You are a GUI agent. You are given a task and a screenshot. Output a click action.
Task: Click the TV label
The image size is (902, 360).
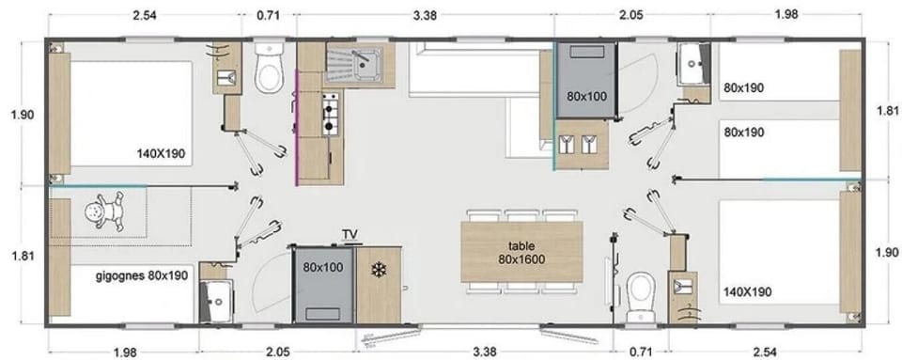[350, 234]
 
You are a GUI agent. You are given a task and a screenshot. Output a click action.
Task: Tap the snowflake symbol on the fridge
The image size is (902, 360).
[379, 270]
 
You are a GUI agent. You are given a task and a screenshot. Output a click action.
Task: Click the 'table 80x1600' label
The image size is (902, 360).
[521, 251]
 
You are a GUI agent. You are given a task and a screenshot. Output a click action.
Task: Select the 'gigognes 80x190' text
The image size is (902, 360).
[141, 276]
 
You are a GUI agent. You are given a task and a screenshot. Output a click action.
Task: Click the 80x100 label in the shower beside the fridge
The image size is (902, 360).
[322, 267]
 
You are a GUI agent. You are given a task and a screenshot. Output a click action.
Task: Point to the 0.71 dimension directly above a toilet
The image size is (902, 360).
[268, 16]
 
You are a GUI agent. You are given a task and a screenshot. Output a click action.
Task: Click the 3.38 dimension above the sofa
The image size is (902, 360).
[424, 16]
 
